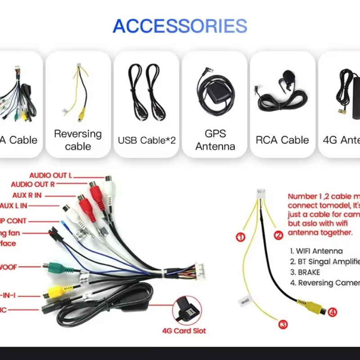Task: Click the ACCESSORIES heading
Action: [x=180, y=26]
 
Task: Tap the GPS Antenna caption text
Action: [x=215, y=140]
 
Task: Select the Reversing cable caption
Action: [x=78, y=140]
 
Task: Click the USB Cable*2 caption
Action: [x=147, y=140]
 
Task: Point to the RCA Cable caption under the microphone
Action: [x=282, y=140]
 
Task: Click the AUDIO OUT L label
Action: [x=50, y=175]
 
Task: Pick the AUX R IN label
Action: [x=33, y=195]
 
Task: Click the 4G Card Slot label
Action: [x=184, y=331]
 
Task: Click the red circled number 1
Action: [x=241, y=237]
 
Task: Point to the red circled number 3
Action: [x=283, y=324]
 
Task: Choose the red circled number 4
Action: [x=332, y=312]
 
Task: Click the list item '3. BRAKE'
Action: [x=305, y=272]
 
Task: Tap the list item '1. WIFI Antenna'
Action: [x=316, y=251]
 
